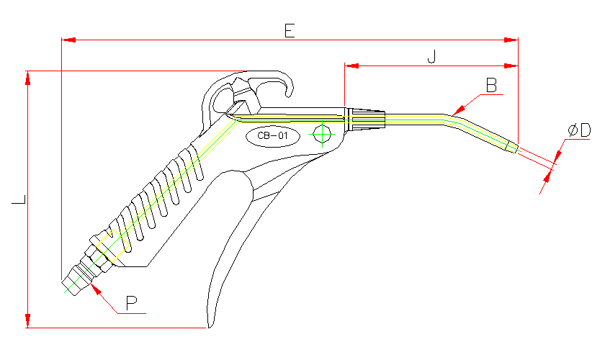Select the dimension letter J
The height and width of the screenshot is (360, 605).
431,56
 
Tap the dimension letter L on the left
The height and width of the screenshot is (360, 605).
19,199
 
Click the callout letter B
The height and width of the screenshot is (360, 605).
491,86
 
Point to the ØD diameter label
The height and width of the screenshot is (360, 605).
578,130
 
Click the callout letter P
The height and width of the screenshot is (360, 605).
132,303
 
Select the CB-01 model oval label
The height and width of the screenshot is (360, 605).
272,135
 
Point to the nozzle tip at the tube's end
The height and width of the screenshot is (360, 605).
512,146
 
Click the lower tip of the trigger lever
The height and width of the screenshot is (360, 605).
210,326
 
